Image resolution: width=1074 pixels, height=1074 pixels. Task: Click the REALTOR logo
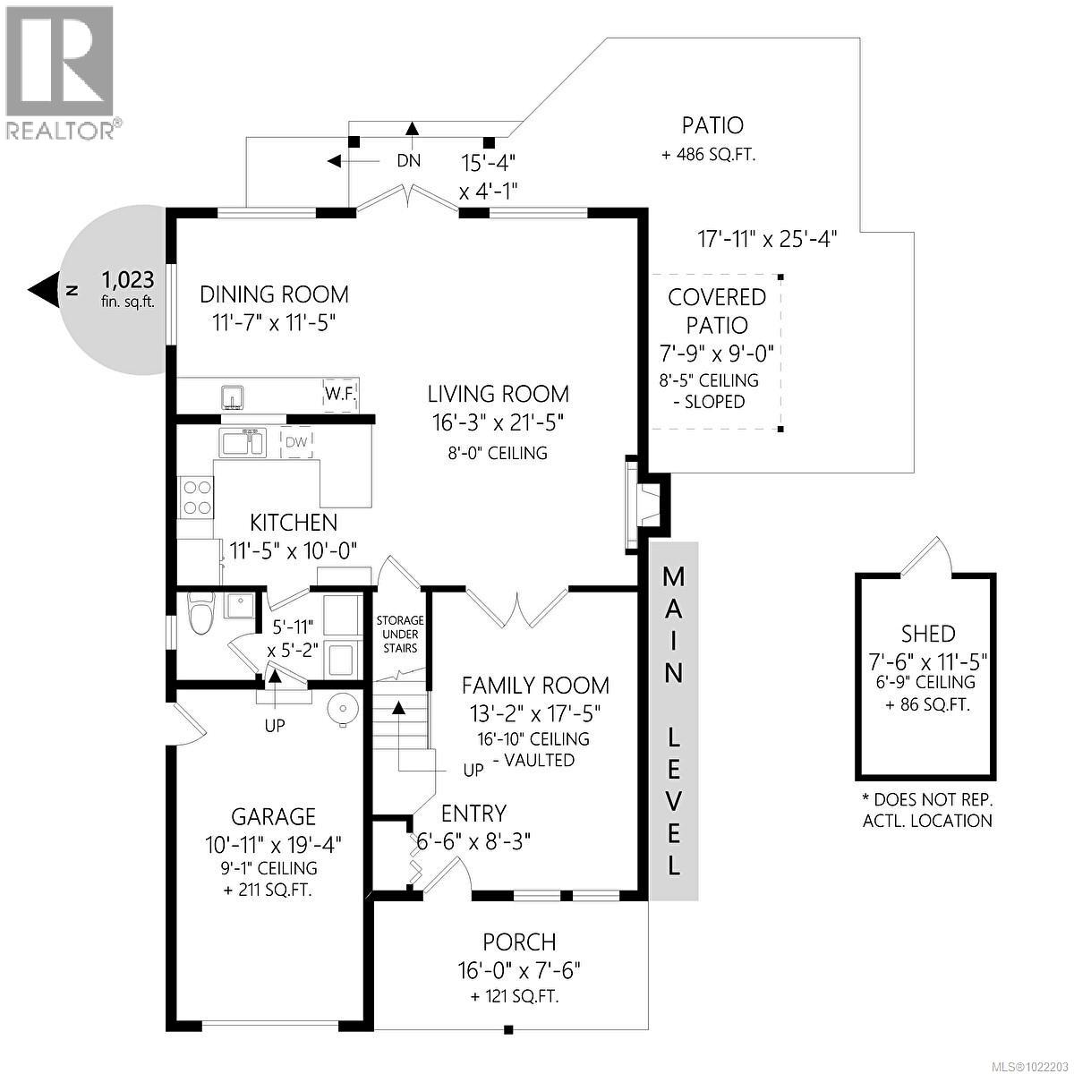(x=60, y=72)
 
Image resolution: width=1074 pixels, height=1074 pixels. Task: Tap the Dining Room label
(x=274, y=294)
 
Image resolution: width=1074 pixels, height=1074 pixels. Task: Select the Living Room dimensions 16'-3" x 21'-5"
(x=498, y=422)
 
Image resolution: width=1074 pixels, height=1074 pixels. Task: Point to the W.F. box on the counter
(x=338, y=394)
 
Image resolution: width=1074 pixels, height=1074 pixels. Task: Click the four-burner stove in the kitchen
(x=197, y=498)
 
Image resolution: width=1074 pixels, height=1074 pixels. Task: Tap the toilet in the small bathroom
(x=200, y=616)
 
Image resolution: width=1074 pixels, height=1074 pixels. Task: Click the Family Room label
(x=535, y=686)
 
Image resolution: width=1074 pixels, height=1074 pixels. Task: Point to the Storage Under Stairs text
(x=399, y=634)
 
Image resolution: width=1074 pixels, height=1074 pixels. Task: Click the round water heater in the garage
(x=342, y=710)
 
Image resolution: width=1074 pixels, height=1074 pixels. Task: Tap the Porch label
(x=519, y=942)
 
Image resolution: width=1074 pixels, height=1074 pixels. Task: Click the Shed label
(x=927, y=635)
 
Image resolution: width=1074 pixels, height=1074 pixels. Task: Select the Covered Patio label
(x=717, y=311)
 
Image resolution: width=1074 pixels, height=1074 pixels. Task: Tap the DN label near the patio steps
(x=409, y=162)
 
